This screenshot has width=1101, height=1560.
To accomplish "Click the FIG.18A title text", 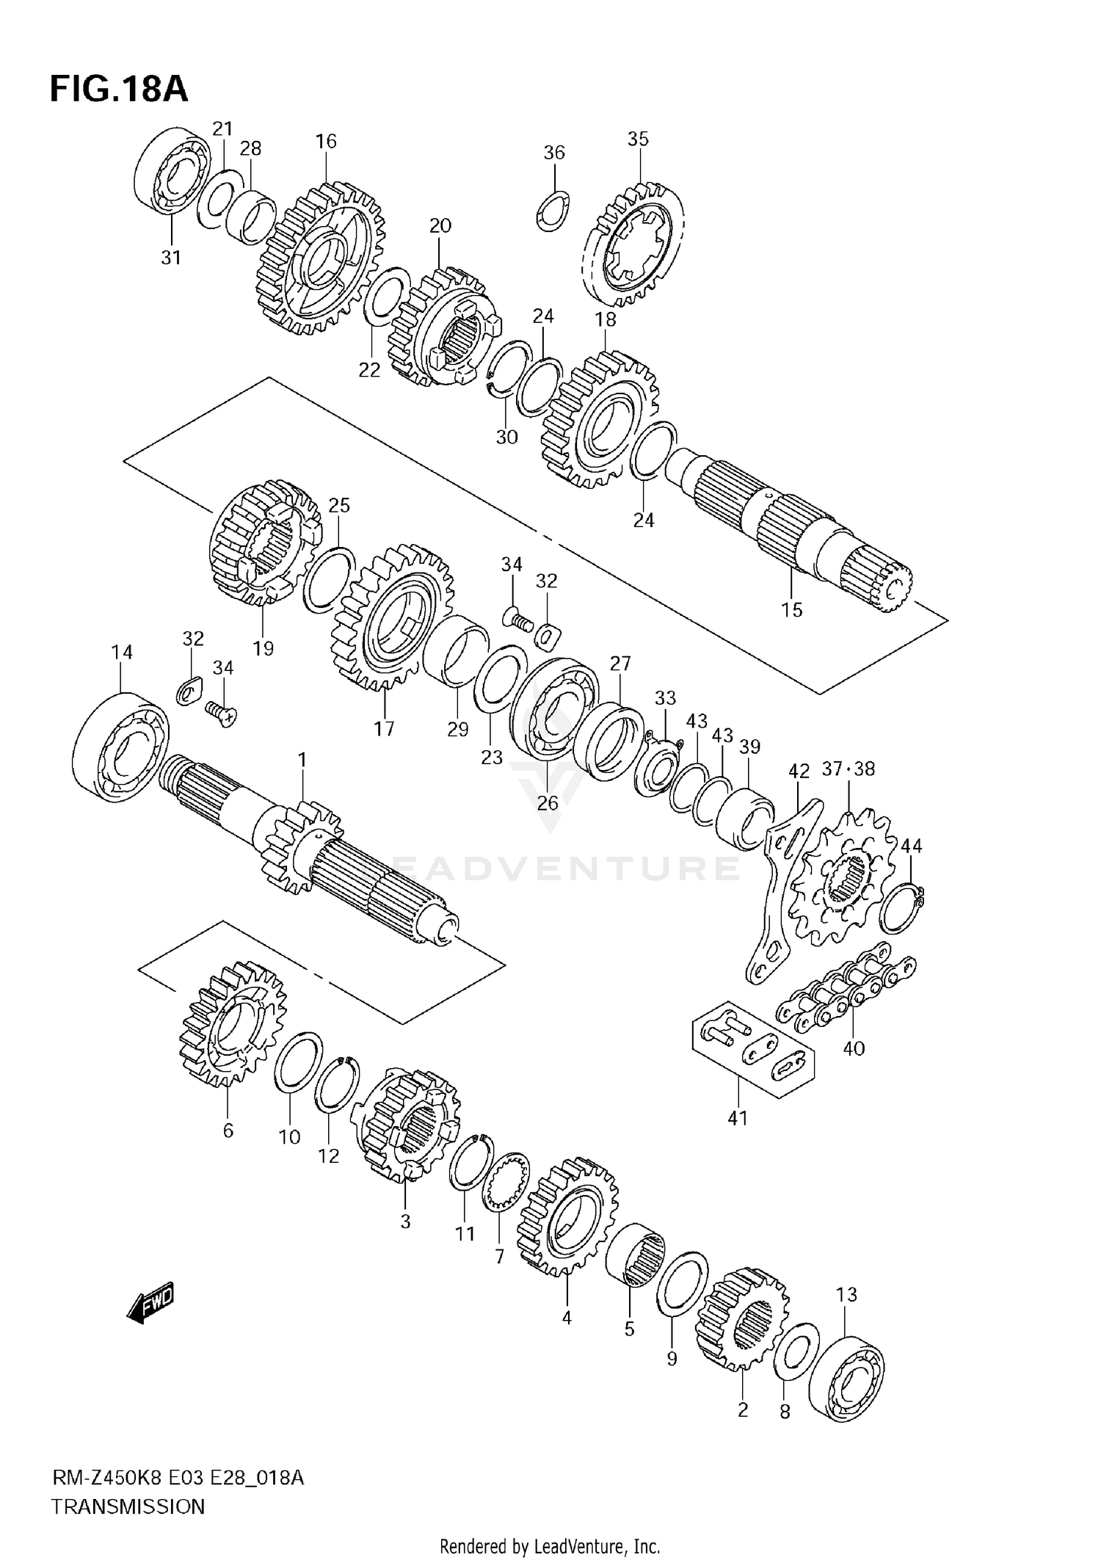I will coord(119,89).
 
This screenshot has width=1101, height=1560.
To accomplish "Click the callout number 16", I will coord(326,141).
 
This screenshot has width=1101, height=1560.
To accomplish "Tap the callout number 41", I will coord(738,1117).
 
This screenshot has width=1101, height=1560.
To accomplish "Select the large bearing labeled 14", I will coord(121,745).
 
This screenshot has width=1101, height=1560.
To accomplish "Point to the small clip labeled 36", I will coord(552,209).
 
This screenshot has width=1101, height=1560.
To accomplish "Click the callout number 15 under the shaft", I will coord(791,609).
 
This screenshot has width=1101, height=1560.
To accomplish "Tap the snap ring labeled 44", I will coord(899,908).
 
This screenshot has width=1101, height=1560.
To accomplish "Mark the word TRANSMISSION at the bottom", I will coord(128,1506).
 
